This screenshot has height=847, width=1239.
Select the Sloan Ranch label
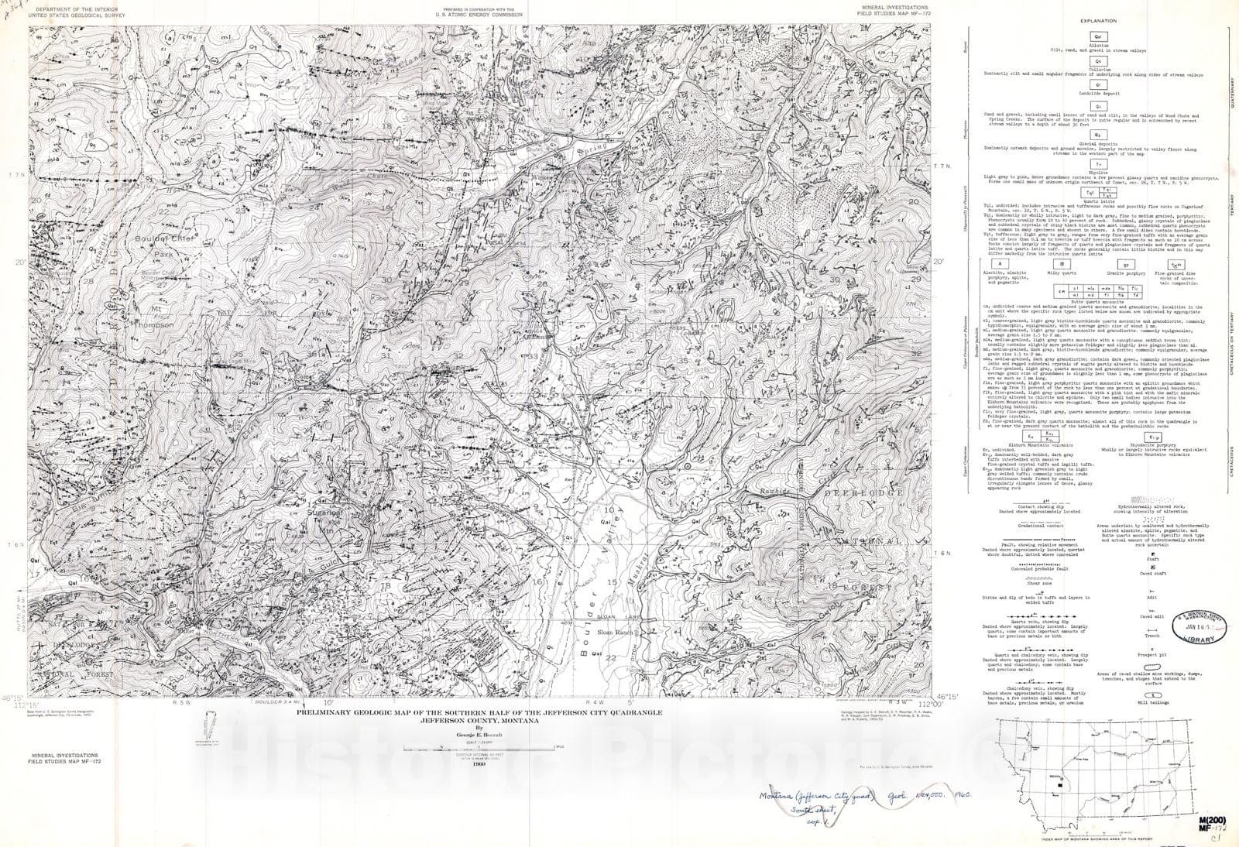click(616, 633)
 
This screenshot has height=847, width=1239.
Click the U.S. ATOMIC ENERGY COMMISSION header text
click(479, 15)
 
